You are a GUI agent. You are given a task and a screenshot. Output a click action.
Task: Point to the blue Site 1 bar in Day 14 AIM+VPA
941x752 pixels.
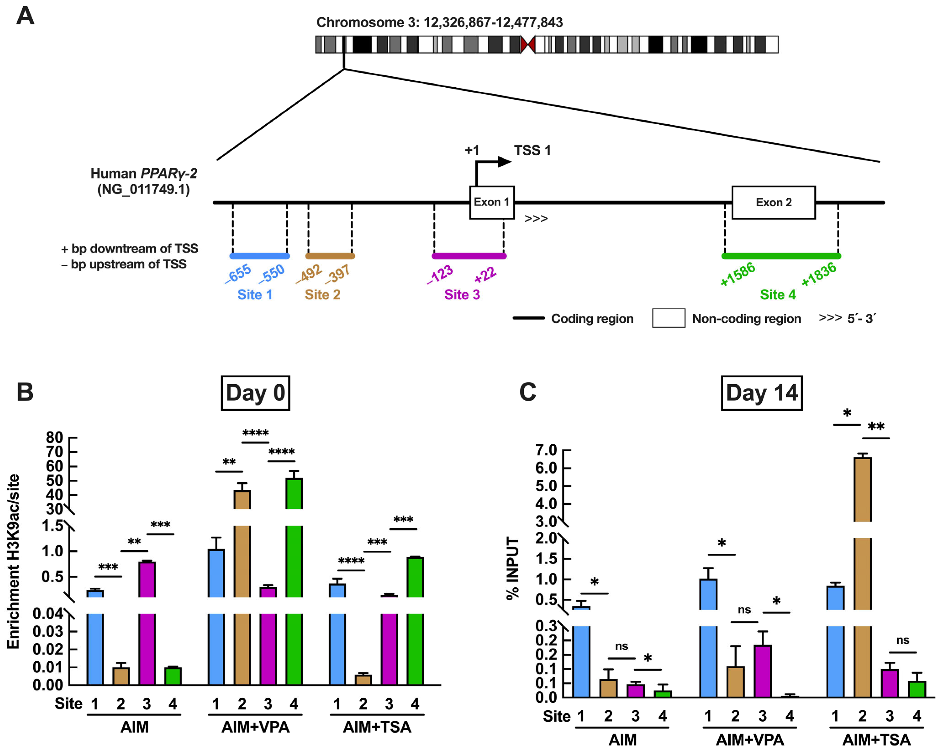click(708, 633)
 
